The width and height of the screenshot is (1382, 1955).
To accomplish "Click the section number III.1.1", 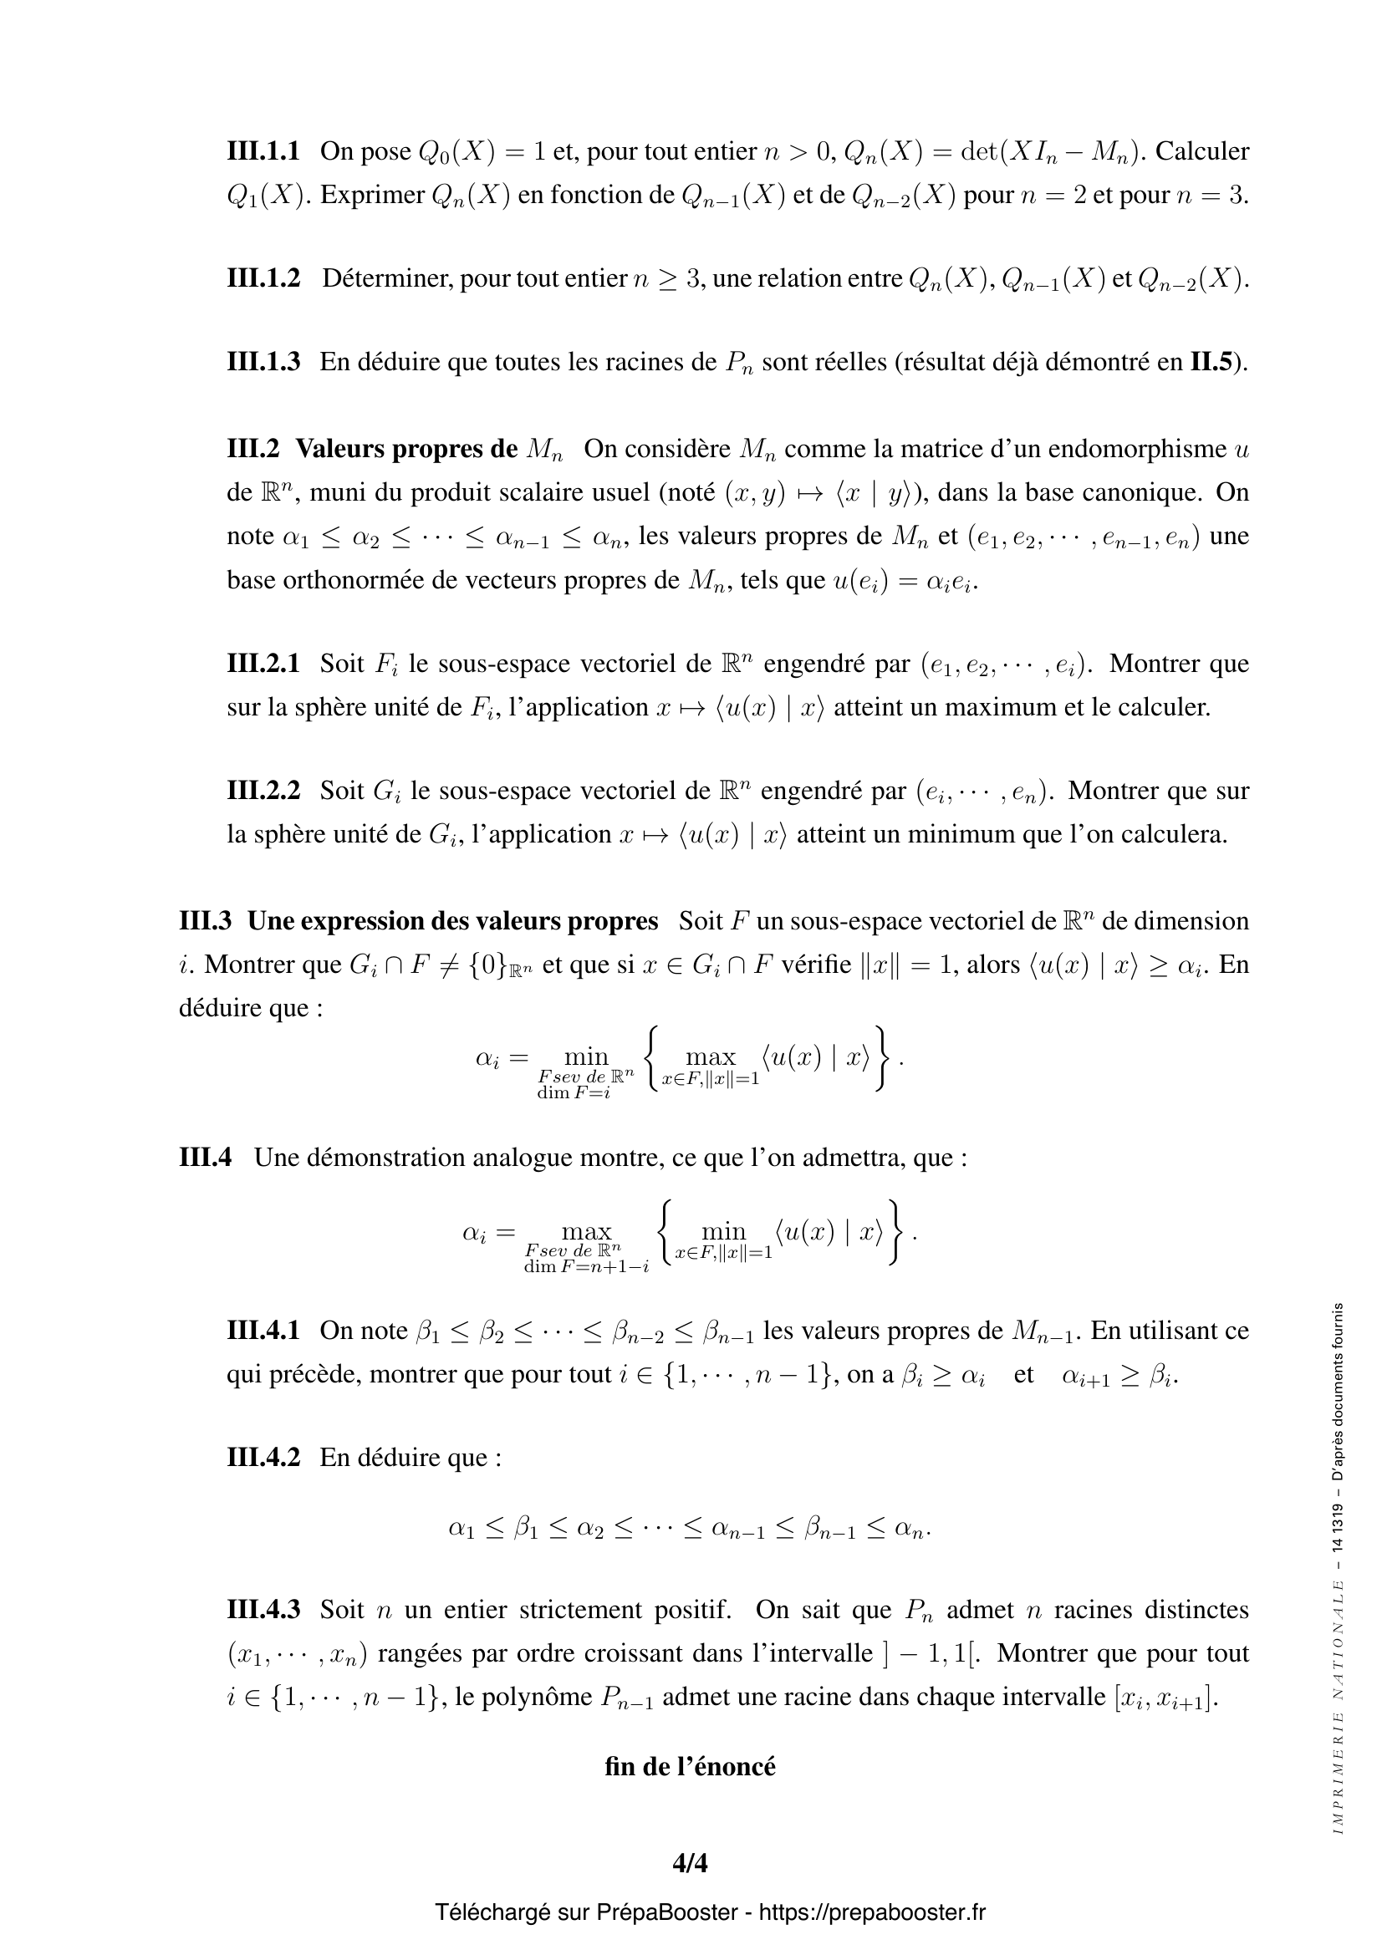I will pyautogui.click(x=263, y=151).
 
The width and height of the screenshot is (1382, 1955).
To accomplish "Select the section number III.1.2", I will pyautogui.click(x=263, y=278).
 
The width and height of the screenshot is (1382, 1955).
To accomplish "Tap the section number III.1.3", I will pyautogui.click(x=263, y=362).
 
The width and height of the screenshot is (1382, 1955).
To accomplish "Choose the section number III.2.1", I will pyautogui.click(x=263, y=663).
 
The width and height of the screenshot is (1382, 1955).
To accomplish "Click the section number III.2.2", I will pyautogui.click(x=263, y=790).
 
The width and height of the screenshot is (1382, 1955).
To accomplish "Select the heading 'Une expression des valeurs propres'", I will pyautogui.click(x=452, y=920).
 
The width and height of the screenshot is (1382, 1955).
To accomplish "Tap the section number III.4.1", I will pyautogui.click(x=263, y=1330).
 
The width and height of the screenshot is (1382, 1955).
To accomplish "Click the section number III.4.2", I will pyautogui.click(x=263, y=1457).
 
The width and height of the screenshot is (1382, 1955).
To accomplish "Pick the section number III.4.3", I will pyautogui.click(x=263, y=1609).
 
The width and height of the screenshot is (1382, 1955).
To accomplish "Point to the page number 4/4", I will pyautogui.click(x=690, y=1864).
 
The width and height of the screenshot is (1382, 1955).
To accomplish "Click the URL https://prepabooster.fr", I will pyautogui.click(x=872, y=1912).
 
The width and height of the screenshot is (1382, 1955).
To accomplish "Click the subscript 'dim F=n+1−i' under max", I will pyautogui.click(x=587, y=1266).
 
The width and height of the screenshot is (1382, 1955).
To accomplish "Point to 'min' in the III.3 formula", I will pyautogui.click(x=587, y=1056).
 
